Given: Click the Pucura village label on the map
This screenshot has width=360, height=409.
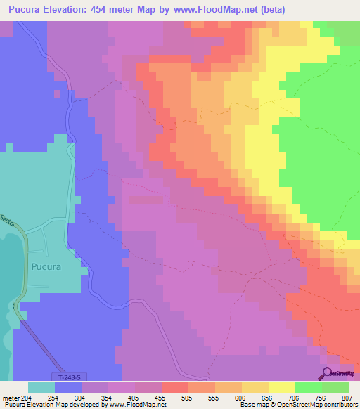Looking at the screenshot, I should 46,267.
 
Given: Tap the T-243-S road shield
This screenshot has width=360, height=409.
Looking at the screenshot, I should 65,377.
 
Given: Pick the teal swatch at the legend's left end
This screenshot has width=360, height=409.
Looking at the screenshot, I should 41,387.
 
